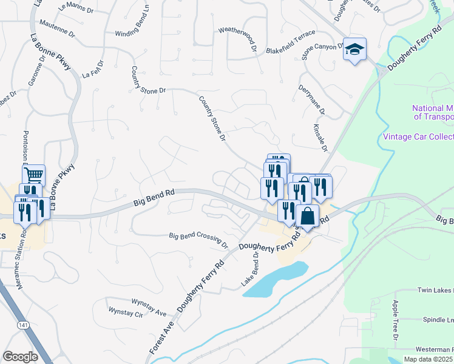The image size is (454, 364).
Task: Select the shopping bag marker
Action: click(307, 216)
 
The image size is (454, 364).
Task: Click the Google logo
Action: click(20, 356)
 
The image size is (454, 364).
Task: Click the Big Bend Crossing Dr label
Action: click(198, 240)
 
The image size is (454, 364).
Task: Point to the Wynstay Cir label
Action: click(124, 314)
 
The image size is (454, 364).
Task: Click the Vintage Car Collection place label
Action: click(418, 136)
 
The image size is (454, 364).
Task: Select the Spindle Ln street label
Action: click(438, 319)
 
